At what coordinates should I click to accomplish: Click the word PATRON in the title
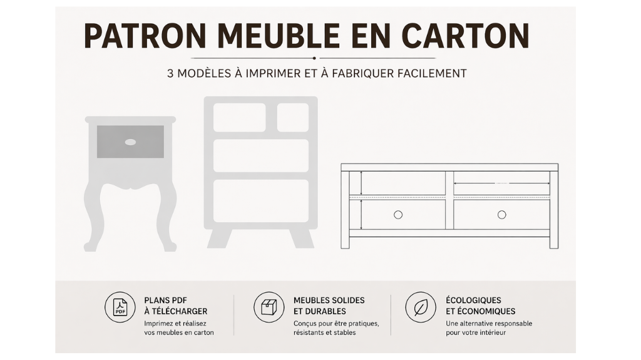click(145, 36)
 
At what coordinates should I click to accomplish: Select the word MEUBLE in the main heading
click(279, 36)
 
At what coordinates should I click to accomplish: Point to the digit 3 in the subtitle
click(170, 74)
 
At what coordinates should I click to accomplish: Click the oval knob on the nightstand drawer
click(130, 142)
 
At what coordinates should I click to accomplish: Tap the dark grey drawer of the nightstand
click(130, 141)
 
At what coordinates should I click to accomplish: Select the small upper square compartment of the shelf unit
click(293, 118)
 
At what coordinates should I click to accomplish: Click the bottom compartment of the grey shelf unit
click(261, 201)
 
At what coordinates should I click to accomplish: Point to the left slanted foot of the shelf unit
click(219, 239)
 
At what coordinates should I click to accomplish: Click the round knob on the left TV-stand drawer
click(397, 215)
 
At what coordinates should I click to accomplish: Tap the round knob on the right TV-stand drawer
click(501, 215)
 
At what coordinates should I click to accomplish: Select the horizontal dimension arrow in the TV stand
click(501, 183)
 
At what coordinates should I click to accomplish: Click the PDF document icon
click(120, 307)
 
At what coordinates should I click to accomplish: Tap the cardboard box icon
click(269, 307)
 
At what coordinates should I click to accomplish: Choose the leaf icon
click(421, 307)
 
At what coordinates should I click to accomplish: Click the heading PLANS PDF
click(165, 301)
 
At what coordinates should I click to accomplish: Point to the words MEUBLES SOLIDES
click(329, 301)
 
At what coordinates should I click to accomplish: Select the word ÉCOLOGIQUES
click(473, 300)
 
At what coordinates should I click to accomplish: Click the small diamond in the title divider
click(314, 58)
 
